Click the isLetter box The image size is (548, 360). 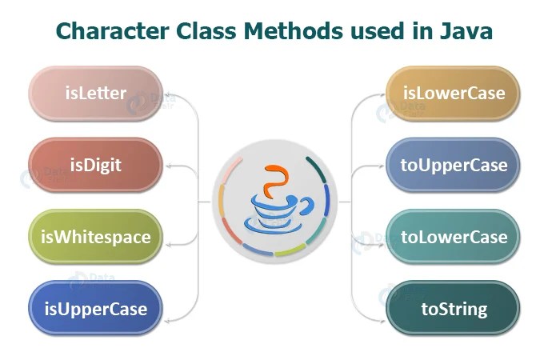pyautogui.click(x=95, y=94)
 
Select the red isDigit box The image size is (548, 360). pyautogui.click(x=95, y=165)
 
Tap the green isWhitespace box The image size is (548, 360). pyautogui.click(x=95, y=237)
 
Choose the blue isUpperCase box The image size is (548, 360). pyautogui.click(x=95, y=308)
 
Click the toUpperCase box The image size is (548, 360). pyautogui.click(x=453, y=165)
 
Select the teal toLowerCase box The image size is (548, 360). pyautogui.click(x=453, y=237)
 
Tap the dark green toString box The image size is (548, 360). pyautogui.click(x=453, y=308)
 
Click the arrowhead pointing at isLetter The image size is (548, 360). pyautogui.click(x=170, y=94)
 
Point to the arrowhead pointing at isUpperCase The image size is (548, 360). pyautogui.click(x=170, y=309)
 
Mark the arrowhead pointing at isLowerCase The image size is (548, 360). pyautogui.click(x=379, y=94)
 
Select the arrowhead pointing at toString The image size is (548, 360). pyautogui.click(x=379, y=309)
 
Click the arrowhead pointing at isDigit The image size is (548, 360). pyautogui.click(x=170, y=166)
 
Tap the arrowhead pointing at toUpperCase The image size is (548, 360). pyautogui.click(x=379, y=166)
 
